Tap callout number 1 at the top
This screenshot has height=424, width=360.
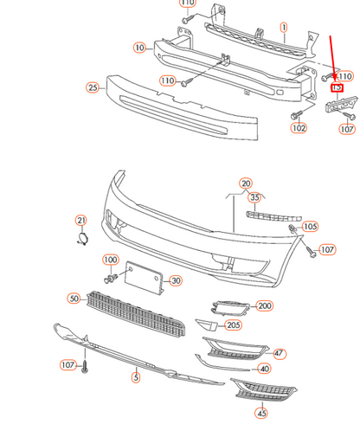(x=283, y=28)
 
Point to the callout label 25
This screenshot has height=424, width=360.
(x=93, y=87)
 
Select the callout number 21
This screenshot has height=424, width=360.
(x=81, y=220)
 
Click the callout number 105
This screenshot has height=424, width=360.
(x=310, y=227)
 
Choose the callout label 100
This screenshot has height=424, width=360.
(x=111, y=260)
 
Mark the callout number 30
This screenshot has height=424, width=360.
(x=175, y=280)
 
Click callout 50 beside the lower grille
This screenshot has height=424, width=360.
(x=74, y=299)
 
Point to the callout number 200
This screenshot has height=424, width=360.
(x=264, y=305)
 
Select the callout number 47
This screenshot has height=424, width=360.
(x=279, y=353)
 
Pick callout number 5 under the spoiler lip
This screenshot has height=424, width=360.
(x=135, y=376)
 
